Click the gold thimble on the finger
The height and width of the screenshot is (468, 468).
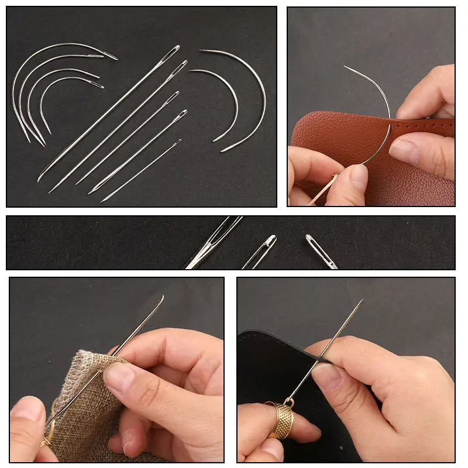click(281, 419)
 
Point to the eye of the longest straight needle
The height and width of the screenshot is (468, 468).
click(173, 52)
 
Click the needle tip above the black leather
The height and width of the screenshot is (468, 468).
click(361, 301)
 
